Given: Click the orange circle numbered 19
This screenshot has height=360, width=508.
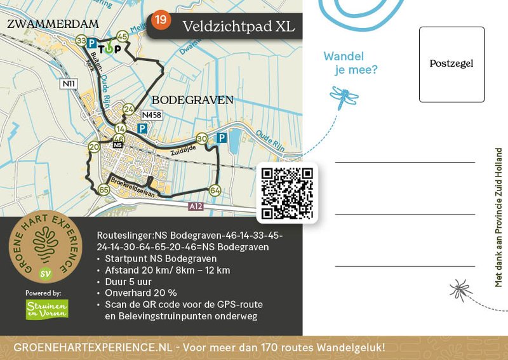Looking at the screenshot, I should point(161,20).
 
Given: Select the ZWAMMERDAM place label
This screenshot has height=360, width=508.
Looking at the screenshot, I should point(53,24).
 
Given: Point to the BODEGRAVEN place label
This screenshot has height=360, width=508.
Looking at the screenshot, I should point(192,100).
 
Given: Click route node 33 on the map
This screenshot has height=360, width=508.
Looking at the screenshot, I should point(81,41).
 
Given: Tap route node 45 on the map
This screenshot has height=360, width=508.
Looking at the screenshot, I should point(122,37).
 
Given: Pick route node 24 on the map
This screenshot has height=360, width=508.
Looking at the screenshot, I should point(129,110).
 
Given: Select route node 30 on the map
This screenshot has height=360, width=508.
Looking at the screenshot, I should point(202,138).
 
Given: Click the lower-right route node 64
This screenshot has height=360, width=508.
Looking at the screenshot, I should point(215,190).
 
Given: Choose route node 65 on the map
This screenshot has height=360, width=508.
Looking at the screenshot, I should point(104,189).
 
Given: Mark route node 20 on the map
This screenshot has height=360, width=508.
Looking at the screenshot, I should point(94,147).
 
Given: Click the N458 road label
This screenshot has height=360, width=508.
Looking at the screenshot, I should point(151,115).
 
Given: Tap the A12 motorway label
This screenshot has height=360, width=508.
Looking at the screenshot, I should point(197,207).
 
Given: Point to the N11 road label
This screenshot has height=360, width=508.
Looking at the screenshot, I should point(69,83).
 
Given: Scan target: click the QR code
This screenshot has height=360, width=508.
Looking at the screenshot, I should point(288,193).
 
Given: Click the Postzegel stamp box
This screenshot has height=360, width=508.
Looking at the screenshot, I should point(451,64).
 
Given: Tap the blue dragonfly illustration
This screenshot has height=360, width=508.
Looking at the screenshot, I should point(344,96).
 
